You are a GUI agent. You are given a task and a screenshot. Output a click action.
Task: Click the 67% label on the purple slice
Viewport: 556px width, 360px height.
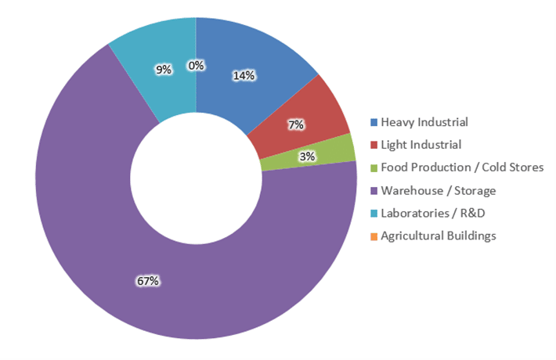[149, 280]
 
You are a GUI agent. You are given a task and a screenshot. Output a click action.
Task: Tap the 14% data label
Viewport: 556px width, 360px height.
[244, 76]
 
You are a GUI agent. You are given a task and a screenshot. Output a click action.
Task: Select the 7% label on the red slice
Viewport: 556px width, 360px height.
[297, 124]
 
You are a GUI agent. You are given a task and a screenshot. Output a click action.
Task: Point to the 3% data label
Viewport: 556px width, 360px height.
[307, 157]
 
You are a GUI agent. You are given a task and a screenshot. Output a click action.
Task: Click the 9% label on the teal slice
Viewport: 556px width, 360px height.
[164, 70]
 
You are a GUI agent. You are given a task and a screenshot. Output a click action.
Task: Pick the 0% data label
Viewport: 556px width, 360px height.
[196, 66]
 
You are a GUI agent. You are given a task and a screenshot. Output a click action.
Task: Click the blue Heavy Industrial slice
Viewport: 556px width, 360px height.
[258, 55]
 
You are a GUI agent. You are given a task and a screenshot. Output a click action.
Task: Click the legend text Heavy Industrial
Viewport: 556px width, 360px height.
[424, 122]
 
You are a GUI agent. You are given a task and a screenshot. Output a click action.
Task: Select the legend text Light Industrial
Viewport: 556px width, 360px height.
[421, 145]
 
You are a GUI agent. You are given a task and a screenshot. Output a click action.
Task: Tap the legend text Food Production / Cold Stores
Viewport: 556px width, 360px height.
[461, 167]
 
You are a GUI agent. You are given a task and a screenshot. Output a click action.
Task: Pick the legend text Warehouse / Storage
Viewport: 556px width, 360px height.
[438, 190]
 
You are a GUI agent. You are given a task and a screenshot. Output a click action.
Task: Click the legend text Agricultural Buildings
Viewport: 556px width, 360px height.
[438, 236]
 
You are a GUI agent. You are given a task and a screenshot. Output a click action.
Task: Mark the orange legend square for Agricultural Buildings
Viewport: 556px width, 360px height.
[374, 236]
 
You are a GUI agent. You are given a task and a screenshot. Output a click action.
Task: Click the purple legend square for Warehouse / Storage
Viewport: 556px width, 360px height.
[374, 190]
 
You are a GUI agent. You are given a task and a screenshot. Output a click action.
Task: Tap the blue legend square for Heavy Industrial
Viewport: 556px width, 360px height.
[374, 122]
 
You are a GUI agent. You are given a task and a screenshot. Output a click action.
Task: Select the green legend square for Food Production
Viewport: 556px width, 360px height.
[374, 167]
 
